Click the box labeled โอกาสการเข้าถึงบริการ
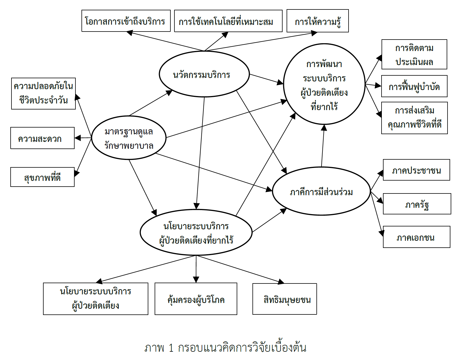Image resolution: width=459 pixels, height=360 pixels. [x=126, y=21]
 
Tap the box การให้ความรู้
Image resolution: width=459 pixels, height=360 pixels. [x=318, y=21]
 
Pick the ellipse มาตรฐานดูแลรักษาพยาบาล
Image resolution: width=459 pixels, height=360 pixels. [x=129, y=138]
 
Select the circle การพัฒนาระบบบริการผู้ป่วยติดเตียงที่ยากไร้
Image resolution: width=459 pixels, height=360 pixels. [x=324, y=84]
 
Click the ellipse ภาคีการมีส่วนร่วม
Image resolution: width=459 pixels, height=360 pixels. [x=321, y=191]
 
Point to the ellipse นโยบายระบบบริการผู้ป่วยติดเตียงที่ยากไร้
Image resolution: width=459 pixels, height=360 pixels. [x=196, y=232]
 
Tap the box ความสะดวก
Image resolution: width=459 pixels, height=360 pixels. [x=42, y=138]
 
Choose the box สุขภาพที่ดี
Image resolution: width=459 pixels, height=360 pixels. [x=42, y=177]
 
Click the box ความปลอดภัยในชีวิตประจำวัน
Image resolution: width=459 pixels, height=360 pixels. [x=43, y=93]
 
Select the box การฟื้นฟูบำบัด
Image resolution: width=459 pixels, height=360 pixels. [x=414, y=86]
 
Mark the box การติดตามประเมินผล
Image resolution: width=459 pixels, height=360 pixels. [x=414, y=54]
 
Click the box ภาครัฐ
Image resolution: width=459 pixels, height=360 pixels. [x=417, y=204]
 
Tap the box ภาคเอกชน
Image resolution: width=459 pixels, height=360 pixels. [x=417, y=237]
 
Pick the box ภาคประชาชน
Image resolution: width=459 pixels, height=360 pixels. [x=416, y=170]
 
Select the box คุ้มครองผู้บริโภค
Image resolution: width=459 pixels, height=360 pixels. [x=196, y=299]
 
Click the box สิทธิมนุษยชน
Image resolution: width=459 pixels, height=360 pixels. [x=285, y=299]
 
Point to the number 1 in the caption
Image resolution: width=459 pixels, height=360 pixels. [x=171, y=348]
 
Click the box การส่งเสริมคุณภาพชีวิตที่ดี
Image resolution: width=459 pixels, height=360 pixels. [x=414, y=118]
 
